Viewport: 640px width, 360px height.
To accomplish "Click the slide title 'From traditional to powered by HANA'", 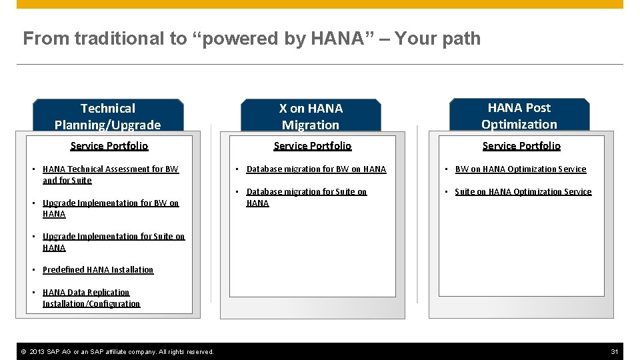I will click(x=251, y=39).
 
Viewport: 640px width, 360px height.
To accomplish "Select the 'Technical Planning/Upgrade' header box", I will click(x=108, y=116).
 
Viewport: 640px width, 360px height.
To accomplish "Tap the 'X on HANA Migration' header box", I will click(x=311, y=116).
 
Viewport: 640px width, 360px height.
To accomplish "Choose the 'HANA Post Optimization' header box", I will click(x=519, y=115).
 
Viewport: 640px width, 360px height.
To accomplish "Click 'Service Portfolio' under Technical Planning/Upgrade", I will click(x=109, y=146).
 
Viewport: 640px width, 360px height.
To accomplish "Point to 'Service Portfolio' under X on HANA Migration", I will click(x=312, y=146).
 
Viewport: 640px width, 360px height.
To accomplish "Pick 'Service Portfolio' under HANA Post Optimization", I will click(x=521, y=146).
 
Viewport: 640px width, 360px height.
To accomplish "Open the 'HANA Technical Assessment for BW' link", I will click(x=110, y=169).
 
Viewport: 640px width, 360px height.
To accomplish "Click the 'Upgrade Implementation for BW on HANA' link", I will click(x=110, y=203).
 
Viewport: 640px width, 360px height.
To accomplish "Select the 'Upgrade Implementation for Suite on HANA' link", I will click(x=113, y=237).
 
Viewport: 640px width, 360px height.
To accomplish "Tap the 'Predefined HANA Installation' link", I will click(x=98, y=270).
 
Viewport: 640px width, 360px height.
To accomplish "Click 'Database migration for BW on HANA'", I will click(x=316, y=169).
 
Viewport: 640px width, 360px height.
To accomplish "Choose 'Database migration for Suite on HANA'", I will click(x=306, y=192).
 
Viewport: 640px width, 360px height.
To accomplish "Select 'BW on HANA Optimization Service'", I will click(x=520, y=169).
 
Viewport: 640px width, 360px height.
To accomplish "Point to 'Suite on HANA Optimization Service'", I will click(x=523, y=192).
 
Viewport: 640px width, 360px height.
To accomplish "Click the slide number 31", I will click(x=614, y=351).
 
